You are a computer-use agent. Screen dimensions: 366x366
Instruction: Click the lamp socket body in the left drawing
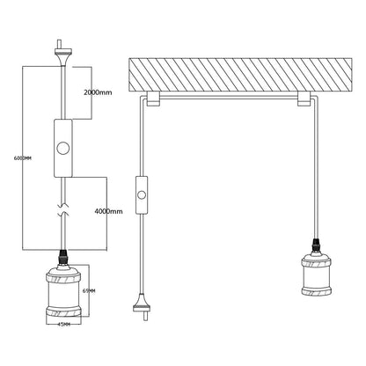click(x=63, y=294)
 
